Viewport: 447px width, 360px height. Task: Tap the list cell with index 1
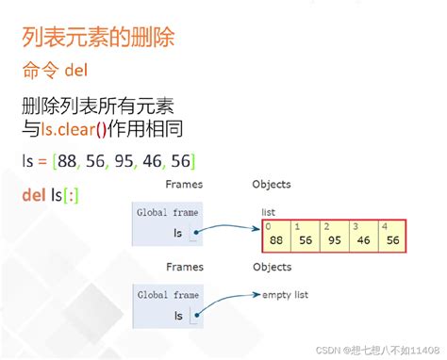click(x=306, y=236)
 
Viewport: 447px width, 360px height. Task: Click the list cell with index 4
click(x=392, y=236)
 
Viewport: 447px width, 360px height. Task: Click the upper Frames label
click(x=184, y=185)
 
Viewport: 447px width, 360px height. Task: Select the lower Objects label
click(x=272, y=267)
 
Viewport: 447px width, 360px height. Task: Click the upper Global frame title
click(x=167, y=213)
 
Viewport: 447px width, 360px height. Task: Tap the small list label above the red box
click(x=270, y=214)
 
